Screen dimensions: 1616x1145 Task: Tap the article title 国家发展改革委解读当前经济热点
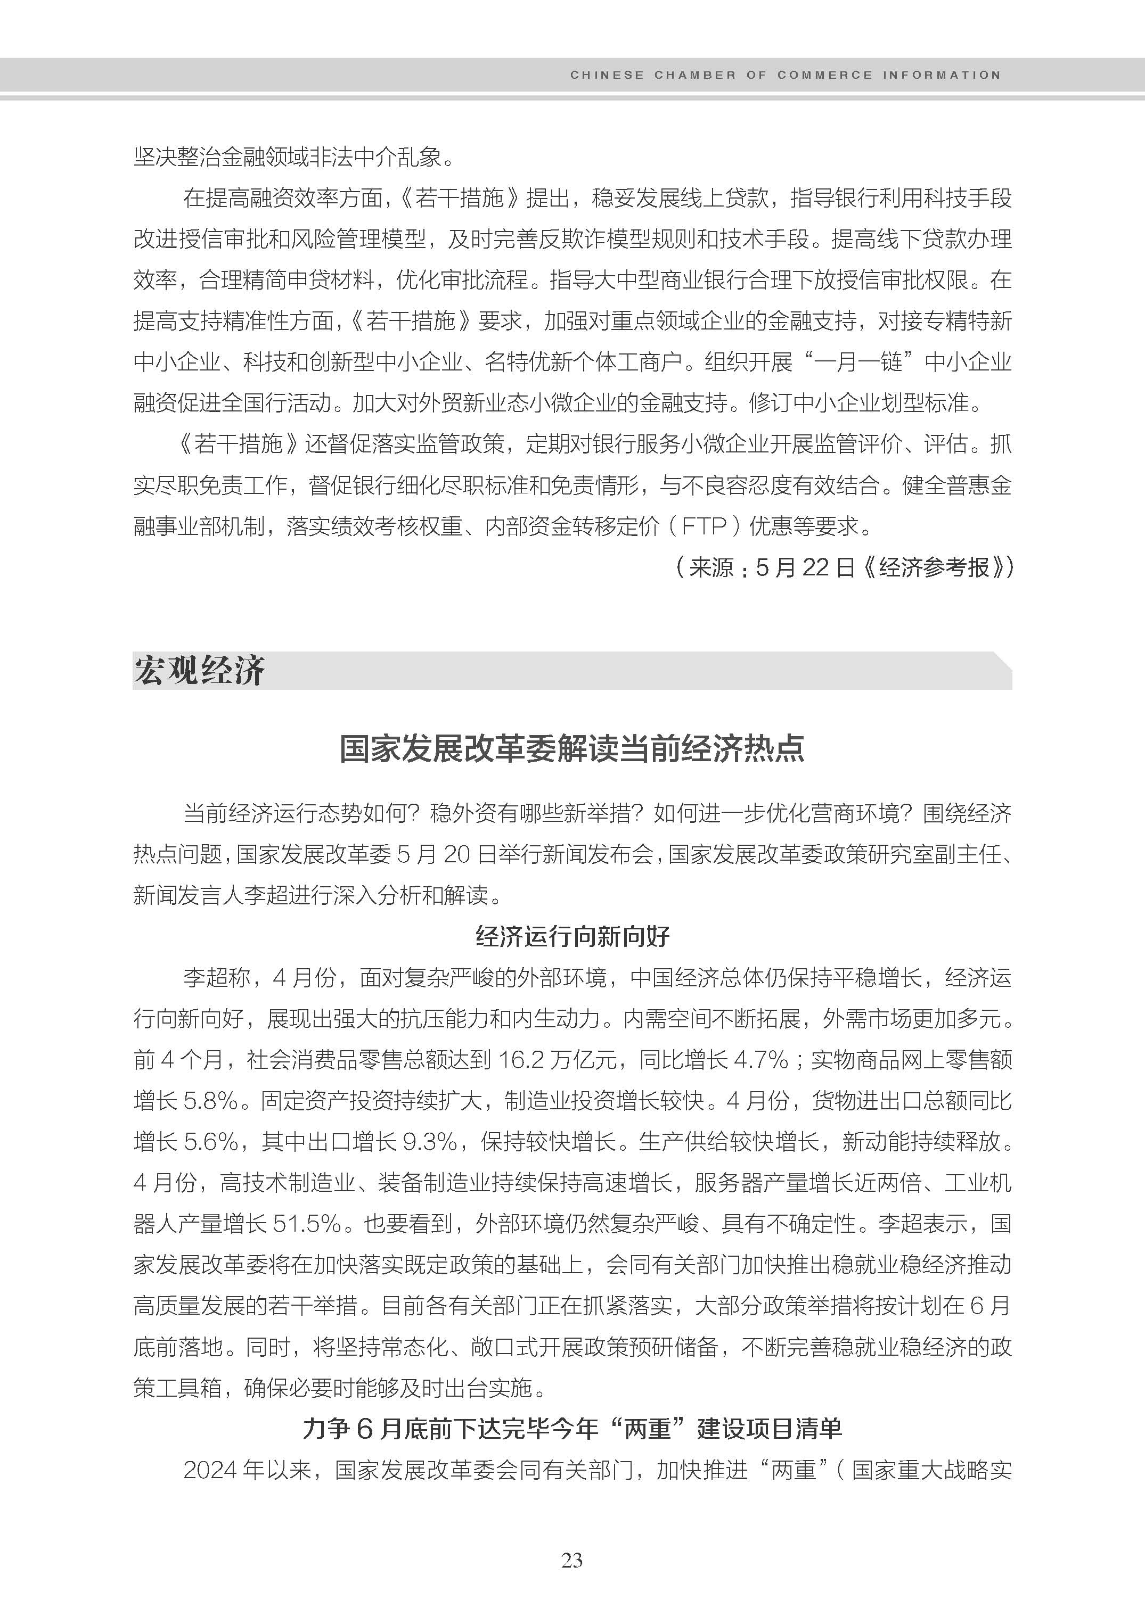pyautogui.click(x=572, y=748)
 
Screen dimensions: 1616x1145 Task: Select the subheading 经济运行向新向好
pyautogui.click(x=572, y=937)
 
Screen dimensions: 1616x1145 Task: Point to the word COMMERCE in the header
pyautogui.click(x=824, y=75)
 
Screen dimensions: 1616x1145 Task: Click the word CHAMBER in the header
pyautogui.click(x=695, y=75)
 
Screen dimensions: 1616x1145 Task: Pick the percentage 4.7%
pyautogui.click(x=760, y=1060)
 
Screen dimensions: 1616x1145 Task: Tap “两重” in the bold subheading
pyautogui.click(x=648, y=1429)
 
